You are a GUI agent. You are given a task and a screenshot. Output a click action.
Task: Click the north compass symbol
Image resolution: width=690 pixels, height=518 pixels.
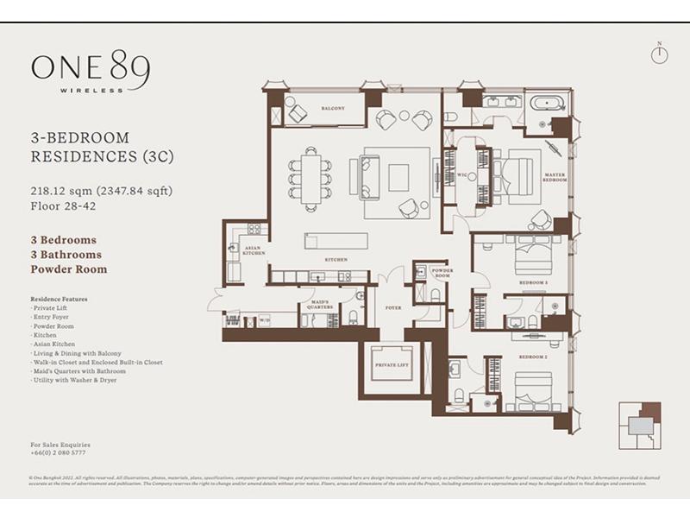coord(659,54)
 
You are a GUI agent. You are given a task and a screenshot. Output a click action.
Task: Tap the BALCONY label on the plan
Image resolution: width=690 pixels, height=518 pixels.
coord(333,108)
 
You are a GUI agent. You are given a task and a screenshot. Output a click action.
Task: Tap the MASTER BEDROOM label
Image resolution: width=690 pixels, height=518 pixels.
coord(554,178)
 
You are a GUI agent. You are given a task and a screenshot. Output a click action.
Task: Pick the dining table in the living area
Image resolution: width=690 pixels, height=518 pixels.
coord(311,180)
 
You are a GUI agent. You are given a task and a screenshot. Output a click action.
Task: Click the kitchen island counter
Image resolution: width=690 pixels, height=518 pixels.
coord(336,239)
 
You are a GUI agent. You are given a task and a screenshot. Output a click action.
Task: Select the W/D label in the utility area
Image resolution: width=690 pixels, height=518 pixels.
coord(265,320)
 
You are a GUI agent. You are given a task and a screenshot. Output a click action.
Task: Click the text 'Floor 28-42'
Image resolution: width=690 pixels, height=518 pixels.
coord(64,205)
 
